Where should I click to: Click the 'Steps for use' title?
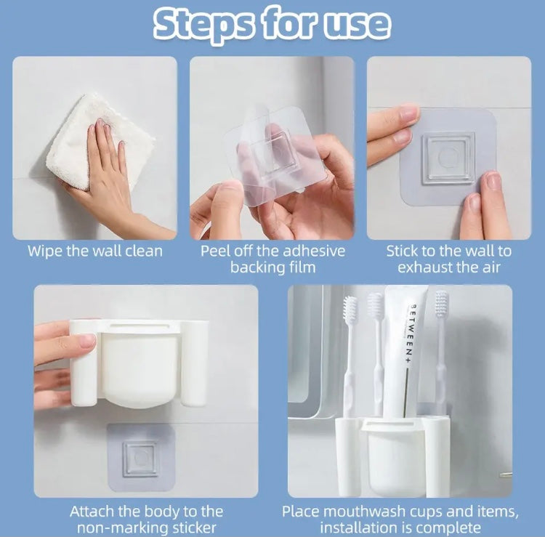pos(272,25)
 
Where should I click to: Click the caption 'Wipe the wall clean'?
pos(95,251)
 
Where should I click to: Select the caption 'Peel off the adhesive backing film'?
pos(272,259)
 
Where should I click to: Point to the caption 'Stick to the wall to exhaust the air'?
pos(448,259)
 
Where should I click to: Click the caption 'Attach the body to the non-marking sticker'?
pos(146,520)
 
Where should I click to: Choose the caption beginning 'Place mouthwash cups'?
pos(400,520)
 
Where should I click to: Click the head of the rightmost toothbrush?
pos(441,306)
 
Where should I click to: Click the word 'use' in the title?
pos(355,25)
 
